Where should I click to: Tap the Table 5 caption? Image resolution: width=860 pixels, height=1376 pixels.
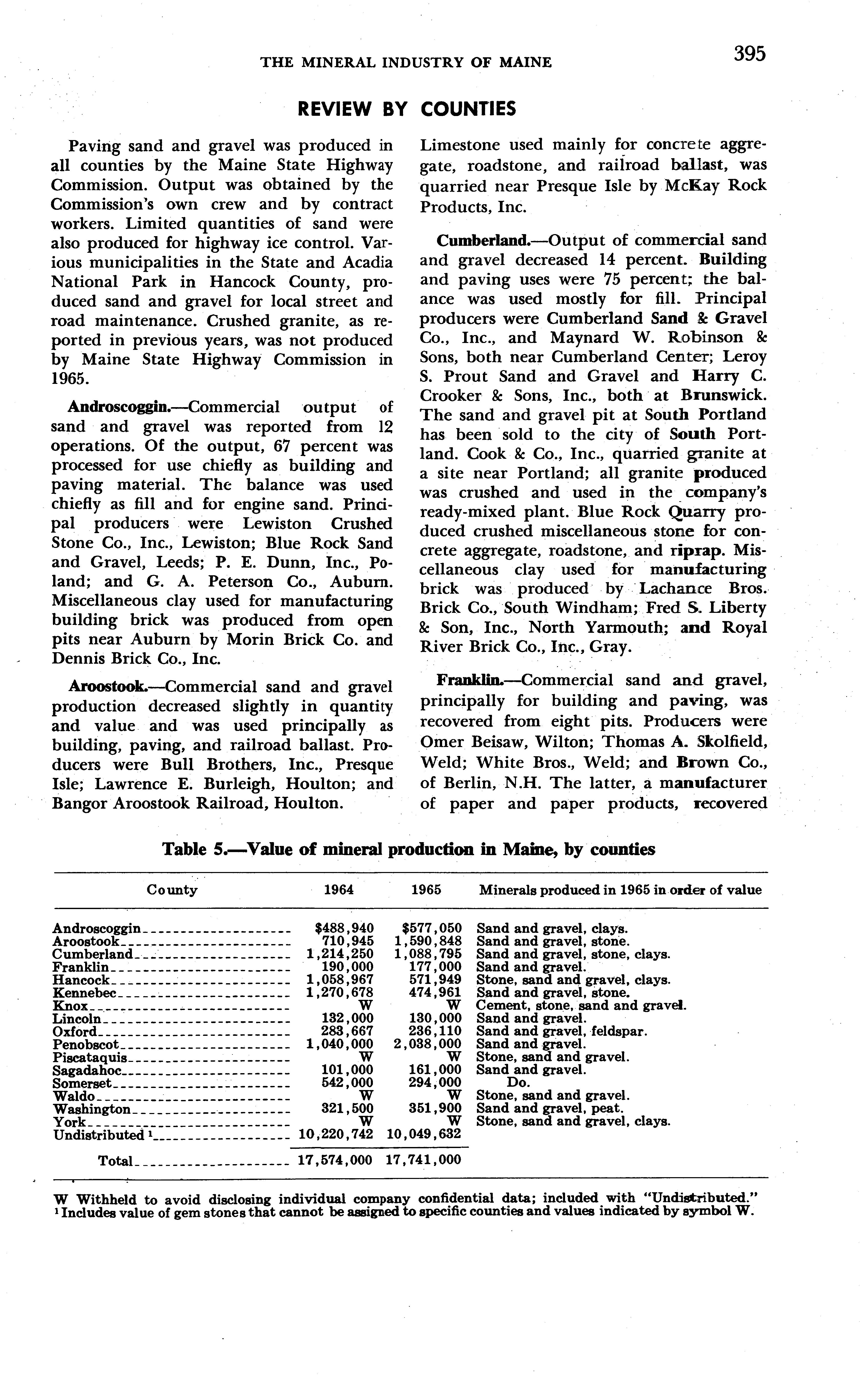point(408,850)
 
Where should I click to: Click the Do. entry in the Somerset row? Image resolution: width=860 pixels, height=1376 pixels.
point(518,1083)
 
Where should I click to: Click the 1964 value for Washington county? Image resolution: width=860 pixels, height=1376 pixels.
point(347,1108)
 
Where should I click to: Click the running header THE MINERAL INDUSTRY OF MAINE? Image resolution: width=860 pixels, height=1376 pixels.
point(406,63)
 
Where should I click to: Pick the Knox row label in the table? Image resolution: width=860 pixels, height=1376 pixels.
point(70,1006)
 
